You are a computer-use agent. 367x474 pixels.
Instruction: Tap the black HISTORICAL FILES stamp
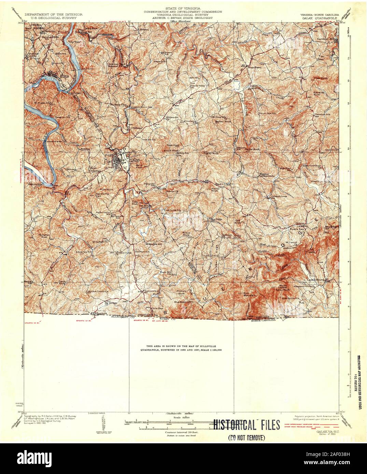click(x=246, y=425)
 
